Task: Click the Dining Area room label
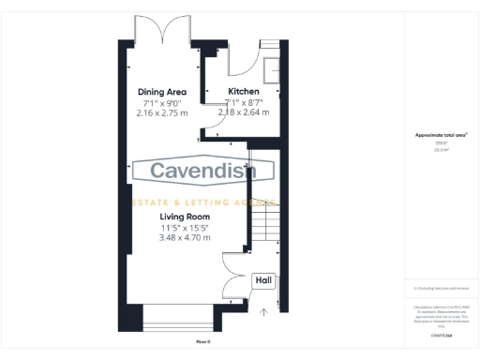162,92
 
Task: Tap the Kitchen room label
243,92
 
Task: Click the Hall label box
264,280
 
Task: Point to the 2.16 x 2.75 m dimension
162,112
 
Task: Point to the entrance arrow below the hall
263,311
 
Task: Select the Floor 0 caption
202,341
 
